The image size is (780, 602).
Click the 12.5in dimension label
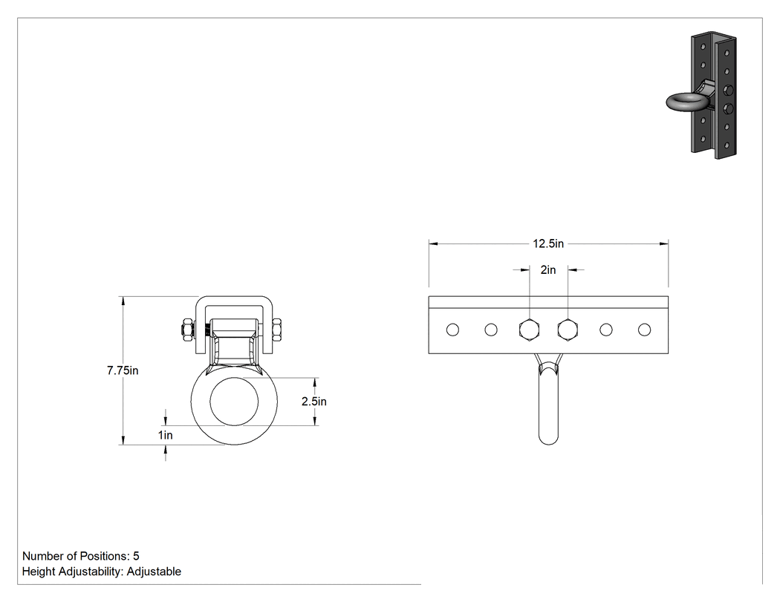pos(548,243)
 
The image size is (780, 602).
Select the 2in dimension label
pos(548,270)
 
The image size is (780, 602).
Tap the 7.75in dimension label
pos(123,370)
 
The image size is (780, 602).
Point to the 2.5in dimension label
pos(314,401)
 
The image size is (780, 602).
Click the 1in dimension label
pos(165,435)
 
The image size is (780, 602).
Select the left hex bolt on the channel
pos(529,330)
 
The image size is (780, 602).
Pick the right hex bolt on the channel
pos(568,330)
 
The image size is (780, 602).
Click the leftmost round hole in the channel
pos(452,330)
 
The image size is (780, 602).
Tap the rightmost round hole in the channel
pos(644,330)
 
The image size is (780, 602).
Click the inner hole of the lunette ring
pos(234,401)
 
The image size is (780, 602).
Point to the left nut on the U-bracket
pos(186,330)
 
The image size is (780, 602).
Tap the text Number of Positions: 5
pos(80,556)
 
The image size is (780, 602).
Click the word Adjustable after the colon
pos(154,572)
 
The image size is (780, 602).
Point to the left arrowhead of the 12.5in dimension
pos(433,243)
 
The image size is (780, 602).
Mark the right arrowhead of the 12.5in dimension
pos(663,243)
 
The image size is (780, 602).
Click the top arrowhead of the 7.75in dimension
pos(123,301)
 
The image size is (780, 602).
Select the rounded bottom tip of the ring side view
pos(548,442)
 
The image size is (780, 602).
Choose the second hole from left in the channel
pos(491,330)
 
